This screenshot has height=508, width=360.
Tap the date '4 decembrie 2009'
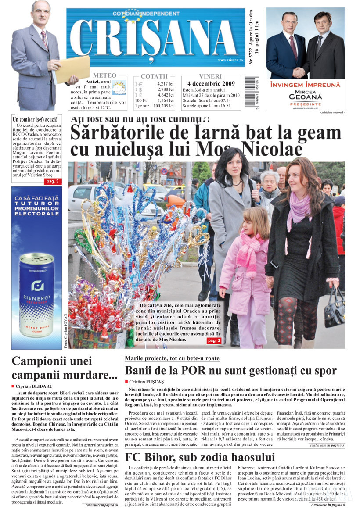click(x=211, y=83)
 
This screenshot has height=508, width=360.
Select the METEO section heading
click(x=104, y=75)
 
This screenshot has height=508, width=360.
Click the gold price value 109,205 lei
click(x=164, y=106)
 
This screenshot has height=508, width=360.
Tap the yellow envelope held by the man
click(x=72, y=69)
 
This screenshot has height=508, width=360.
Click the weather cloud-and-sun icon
click(x=119, y=87)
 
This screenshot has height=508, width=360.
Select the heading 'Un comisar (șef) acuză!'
click(x=35, y=119)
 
